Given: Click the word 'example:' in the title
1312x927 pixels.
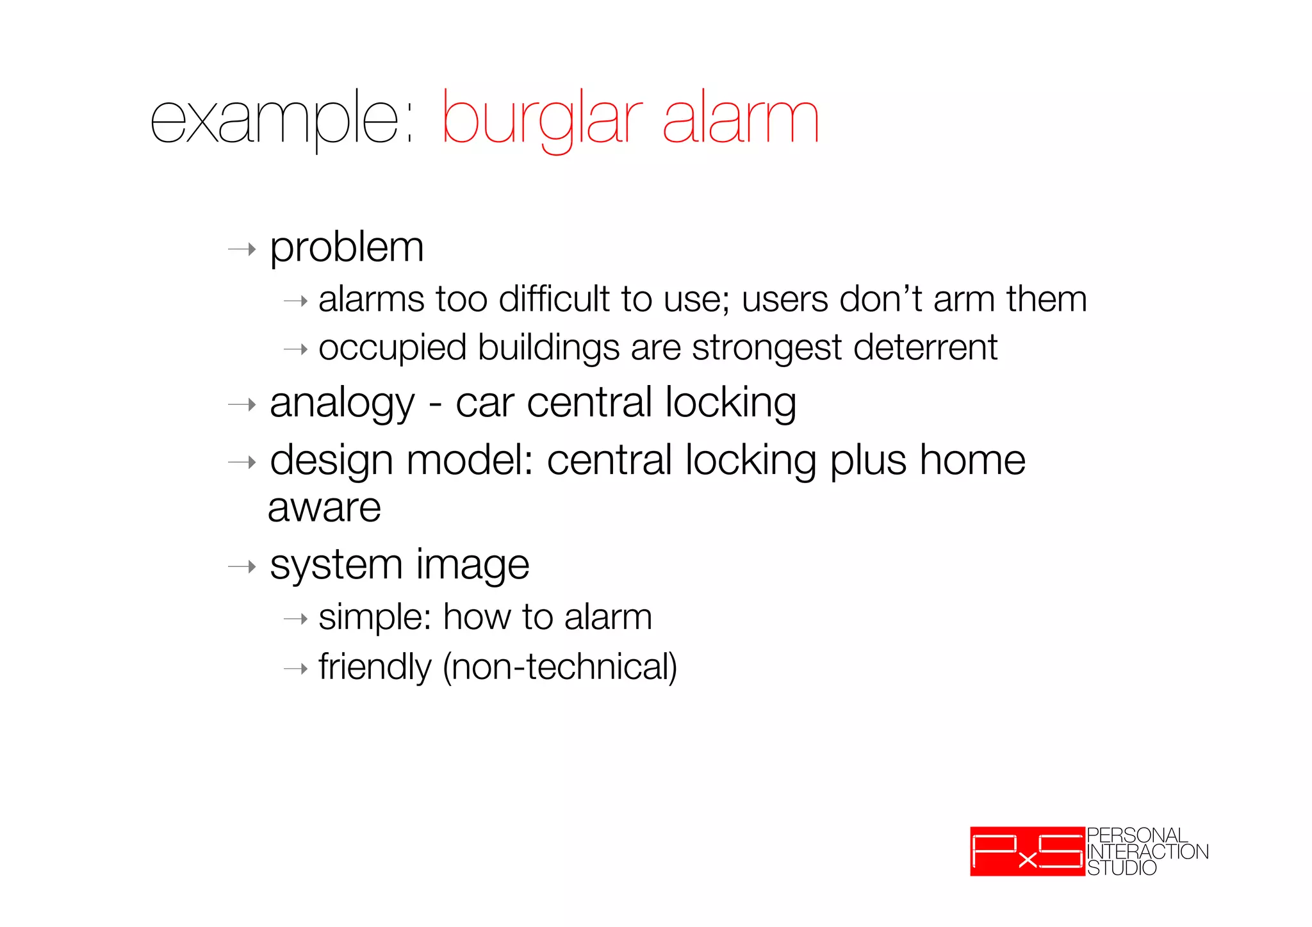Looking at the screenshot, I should point(282,119).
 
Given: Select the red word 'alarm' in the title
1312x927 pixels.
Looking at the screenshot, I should point(741,119).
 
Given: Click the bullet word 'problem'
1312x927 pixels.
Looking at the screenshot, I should point(347,248).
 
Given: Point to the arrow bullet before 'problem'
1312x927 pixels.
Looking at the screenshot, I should point(242,249).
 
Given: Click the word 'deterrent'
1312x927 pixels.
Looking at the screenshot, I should point(925,347).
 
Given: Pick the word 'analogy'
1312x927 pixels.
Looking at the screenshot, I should point(342,404).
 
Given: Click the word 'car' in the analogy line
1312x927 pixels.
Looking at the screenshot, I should point(484,404).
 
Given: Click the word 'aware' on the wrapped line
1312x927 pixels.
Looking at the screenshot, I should point(324,508).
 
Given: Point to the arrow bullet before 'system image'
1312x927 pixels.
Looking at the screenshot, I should point(242,567).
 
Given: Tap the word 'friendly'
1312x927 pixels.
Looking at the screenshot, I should point(375,668).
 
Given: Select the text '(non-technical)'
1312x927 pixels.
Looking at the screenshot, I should point(560,668).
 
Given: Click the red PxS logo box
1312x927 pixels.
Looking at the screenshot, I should point(1027,851).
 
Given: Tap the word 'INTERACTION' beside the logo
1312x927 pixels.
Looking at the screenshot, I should point(1147,851).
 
